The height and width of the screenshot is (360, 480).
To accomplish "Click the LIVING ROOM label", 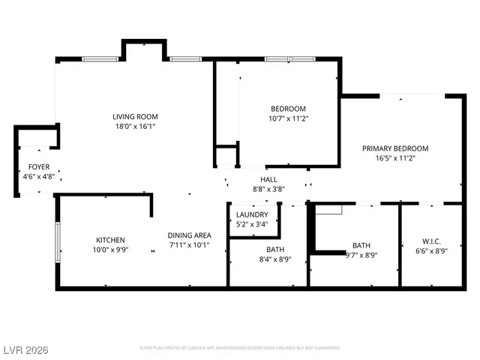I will [x=135, y=116].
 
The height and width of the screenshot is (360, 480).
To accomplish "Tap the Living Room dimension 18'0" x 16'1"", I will [x=135, y=127].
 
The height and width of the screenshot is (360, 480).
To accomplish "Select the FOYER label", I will [x=39, y=166].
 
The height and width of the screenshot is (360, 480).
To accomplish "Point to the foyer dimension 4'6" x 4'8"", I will [x=39, y=176].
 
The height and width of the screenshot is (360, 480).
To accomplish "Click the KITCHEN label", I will [x=110, y=240].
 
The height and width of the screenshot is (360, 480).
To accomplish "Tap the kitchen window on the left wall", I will [x=58, y=241].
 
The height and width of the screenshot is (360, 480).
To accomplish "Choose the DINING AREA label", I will [x=188, y=235].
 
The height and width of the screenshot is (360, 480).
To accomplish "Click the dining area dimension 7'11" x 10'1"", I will [x=188, y=244].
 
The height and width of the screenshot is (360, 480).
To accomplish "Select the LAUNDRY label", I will [x=253, y=214].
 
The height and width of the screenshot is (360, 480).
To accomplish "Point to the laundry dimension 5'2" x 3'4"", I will [x=253, y=223].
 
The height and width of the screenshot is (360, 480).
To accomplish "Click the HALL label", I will [x=268, y=179].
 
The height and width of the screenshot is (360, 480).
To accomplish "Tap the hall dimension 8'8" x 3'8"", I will [x=268, y=189].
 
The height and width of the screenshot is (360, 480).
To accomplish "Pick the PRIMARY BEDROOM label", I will [x=395, y=148].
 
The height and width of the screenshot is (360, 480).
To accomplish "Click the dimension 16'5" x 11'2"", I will [x=395, y=158].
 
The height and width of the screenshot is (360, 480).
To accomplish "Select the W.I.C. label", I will [x=431, y=241].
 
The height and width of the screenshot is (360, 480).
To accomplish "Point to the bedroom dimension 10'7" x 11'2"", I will [x=289, y=118].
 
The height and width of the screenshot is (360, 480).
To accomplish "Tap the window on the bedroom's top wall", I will [x=289, y=58].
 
